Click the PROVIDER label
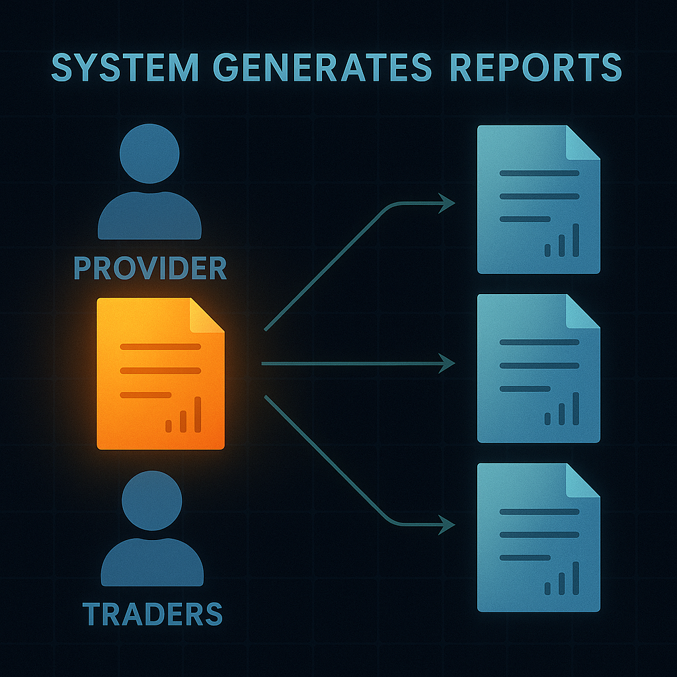(150, 268)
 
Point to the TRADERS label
(153, 614)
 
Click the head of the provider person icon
(149, 153)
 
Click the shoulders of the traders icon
(152, 562)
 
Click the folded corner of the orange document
(206, 315)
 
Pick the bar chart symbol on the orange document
(183, 417)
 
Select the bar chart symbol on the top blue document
(562, 242)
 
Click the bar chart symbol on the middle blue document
(562, 411)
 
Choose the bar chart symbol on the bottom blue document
(562, 580)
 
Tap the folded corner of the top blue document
(582, 143)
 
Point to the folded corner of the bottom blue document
(582, 481)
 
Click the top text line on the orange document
(160, 346)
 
